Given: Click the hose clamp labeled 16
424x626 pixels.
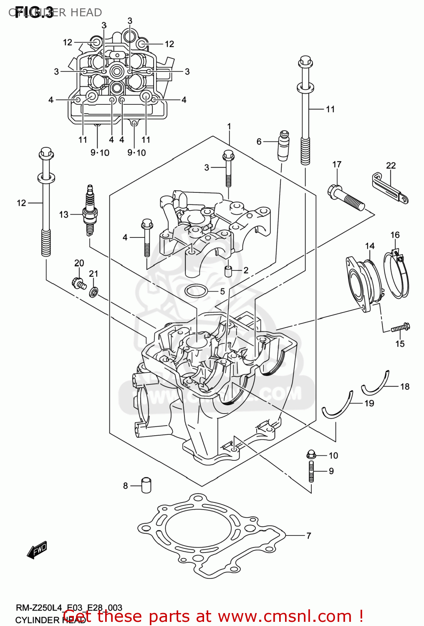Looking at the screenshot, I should pos(396,275).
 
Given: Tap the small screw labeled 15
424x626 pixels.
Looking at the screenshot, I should pos(400,328).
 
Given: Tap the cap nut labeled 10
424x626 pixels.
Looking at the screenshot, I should pos(310,454).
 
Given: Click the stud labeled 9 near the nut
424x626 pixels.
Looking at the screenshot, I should pos(311,472).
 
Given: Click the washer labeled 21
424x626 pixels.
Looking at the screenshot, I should pos(94,292).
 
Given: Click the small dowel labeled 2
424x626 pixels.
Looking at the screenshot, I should pos(228,271).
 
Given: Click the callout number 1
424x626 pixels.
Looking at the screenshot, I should pos(229,126).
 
